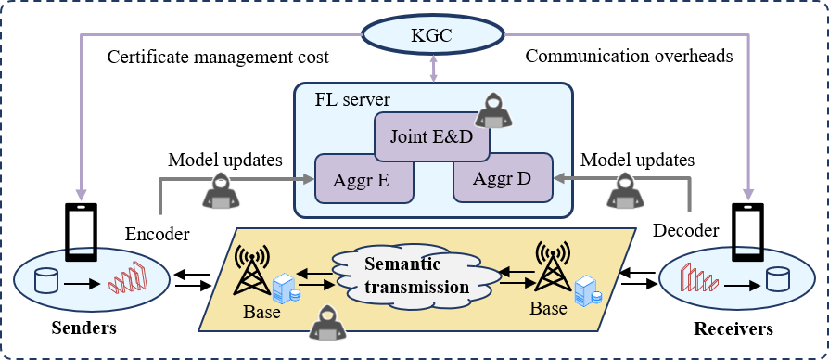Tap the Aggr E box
[363, 178]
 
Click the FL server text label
[352, 99]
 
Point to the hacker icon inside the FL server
[493, 110]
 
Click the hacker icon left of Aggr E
[221, 190]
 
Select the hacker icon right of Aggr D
[626, 190]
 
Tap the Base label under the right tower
[547, 306]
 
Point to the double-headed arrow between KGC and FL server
[432, 68]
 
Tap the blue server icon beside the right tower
[584, 290]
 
